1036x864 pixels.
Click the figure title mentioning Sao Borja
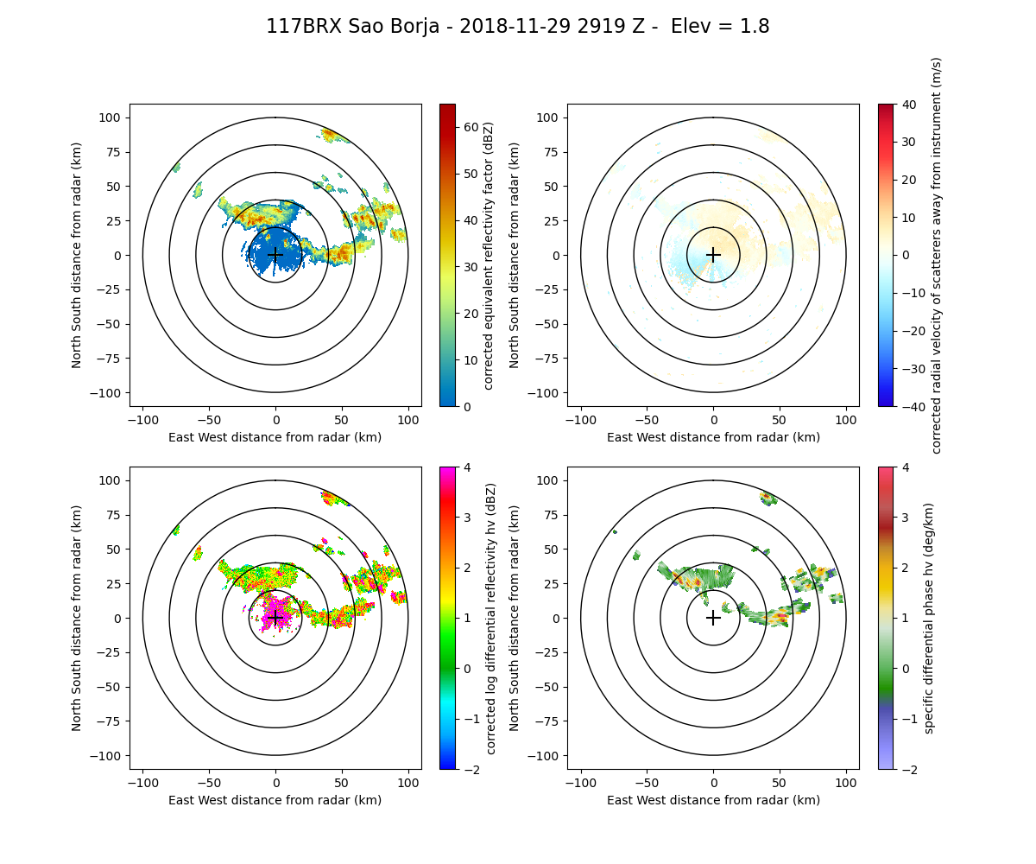[x=518, y=27]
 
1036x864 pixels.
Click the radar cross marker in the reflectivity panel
[x=275, y=255]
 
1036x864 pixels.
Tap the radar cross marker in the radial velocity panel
[x=713, y=255]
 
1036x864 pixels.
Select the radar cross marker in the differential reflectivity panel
[x=275, y=618]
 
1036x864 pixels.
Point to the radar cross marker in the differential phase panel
[x=713, y=618]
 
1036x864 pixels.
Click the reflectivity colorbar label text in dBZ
[x=489, y=255]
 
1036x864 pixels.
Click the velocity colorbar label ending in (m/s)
[x=937, y=255]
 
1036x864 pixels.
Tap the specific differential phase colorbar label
[x=930, y=618]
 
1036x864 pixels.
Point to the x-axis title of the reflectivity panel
[x=275, y=437]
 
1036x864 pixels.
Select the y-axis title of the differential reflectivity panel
[x=77, y=618]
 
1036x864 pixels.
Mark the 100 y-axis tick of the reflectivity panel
[x=113, y=118]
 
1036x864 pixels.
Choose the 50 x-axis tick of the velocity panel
[x=780, y=420]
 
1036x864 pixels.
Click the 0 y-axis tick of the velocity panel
[x=557, y=255]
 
